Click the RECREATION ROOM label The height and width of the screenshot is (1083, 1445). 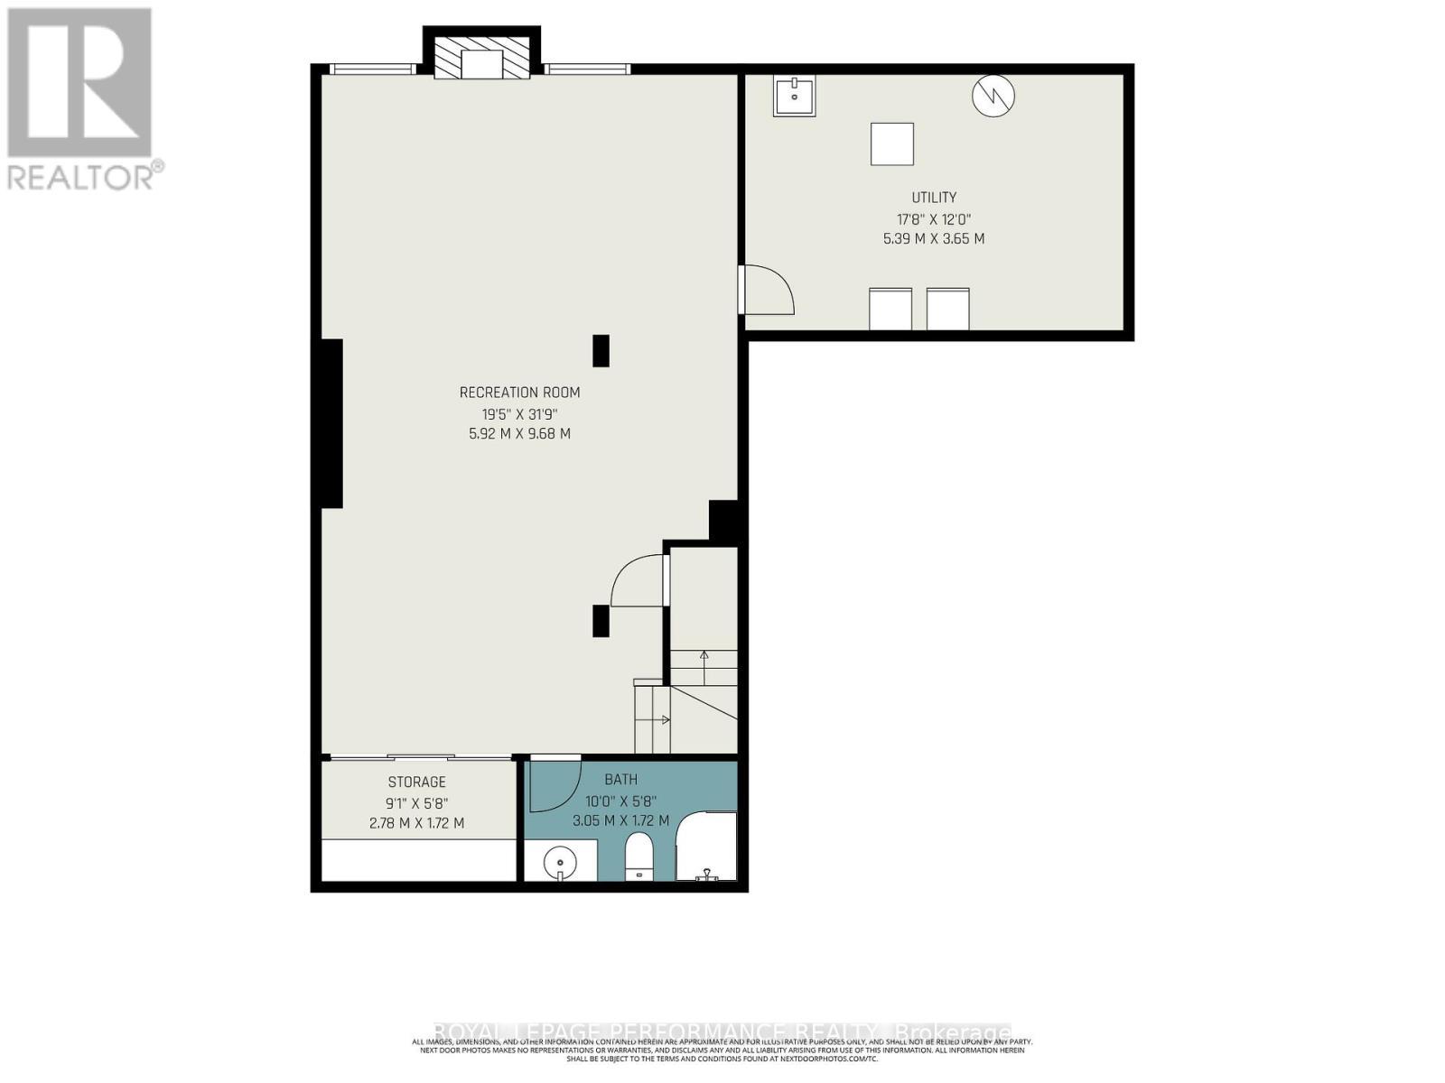pyautogui.click(x=519, y=393)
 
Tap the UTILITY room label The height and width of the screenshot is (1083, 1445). pyautogui.click(x=933, y=198)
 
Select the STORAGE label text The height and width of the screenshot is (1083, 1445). pyautogui.click(x=416, y=782)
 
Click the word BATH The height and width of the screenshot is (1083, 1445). pyautogui.click(x=620, y=780)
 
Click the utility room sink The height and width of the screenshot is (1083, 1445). pyautogui.click(x=795, y=96)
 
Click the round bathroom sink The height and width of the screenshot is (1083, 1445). pyautogui.click(x=561, y=862)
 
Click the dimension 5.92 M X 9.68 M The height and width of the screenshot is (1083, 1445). pyautogui.click(x=514, y=434)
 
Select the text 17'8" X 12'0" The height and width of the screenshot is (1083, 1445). pyautogui.click(x=933, y=219)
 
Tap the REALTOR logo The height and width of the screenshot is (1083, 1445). pyautogui.click(x=81, y=99)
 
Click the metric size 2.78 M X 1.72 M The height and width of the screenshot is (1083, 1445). pyautogui.click(x=416, y=823)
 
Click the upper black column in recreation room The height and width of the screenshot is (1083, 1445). pyautogui.click(x=601, y=350)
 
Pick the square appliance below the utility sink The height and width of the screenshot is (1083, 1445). pyautogui.click(x=891, y=144)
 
